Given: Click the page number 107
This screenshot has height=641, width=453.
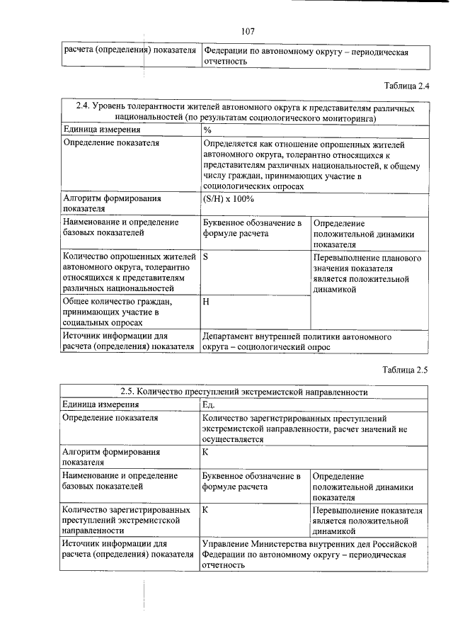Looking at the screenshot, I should tap(248, 30).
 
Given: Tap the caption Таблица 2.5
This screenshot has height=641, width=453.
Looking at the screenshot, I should tap(406, 369).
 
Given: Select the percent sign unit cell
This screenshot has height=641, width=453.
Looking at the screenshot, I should tap(207, 130).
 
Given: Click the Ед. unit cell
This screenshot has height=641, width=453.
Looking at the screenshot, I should tap(209, 404).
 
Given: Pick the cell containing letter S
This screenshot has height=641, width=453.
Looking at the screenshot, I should tap(205, 258).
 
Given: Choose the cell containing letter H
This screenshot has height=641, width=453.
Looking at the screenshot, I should tap(206, 302).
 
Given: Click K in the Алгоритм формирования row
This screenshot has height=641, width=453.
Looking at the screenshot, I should tap(205, 450).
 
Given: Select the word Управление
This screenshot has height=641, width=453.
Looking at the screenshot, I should tap(229, 543).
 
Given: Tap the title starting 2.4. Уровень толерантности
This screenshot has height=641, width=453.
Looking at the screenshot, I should tap(244, 112).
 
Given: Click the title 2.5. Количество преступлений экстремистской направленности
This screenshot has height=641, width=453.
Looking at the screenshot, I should tap(244, 391).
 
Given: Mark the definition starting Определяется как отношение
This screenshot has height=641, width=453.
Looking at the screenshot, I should tap(311, 164).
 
